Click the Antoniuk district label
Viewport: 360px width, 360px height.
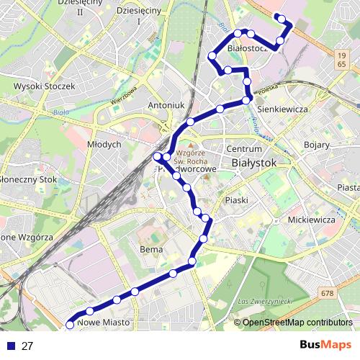[x=167, y=105]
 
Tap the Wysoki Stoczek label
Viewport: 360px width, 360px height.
[x=45, y=86]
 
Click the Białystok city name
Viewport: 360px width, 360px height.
[x=255, y=163]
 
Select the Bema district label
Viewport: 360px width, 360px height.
[x=150, y=249]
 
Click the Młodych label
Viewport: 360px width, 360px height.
[x=104, y=145]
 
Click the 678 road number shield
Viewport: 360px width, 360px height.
[x=328, y=293]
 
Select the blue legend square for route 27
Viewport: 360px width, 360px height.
[x=10, y=346]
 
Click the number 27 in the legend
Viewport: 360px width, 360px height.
[x=27, y=346]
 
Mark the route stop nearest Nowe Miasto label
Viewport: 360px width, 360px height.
[x=70, y=325]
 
